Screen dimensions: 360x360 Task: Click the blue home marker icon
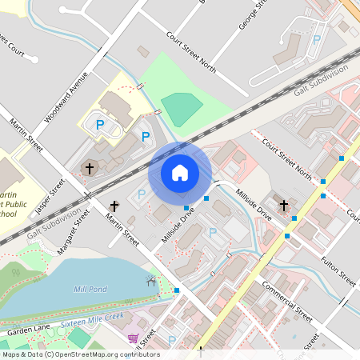[180, 173]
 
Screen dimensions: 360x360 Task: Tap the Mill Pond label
[90, 289]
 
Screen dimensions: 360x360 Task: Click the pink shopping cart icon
[132, 338]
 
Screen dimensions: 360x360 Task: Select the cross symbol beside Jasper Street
[90, 169]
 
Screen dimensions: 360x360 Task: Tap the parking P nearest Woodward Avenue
[100, 125]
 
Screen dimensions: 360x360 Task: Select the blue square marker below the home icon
[186, 208]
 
